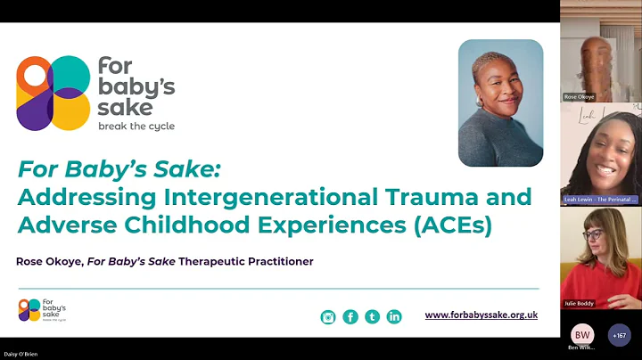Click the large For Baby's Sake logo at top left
pos(96,94)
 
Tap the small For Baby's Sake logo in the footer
pos(42,310)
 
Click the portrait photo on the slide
pos(500,102)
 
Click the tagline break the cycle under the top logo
pos(136,127)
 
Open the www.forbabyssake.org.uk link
pos(481,315)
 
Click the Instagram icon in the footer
pos(328,316)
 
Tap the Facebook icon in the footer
pos(350,316)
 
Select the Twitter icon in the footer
pos(372,316)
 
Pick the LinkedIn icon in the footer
pos(394,316)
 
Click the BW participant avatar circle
pos(582,335)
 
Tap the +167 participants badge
pos(620,335)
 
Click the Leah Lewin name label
pos(600,200)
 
